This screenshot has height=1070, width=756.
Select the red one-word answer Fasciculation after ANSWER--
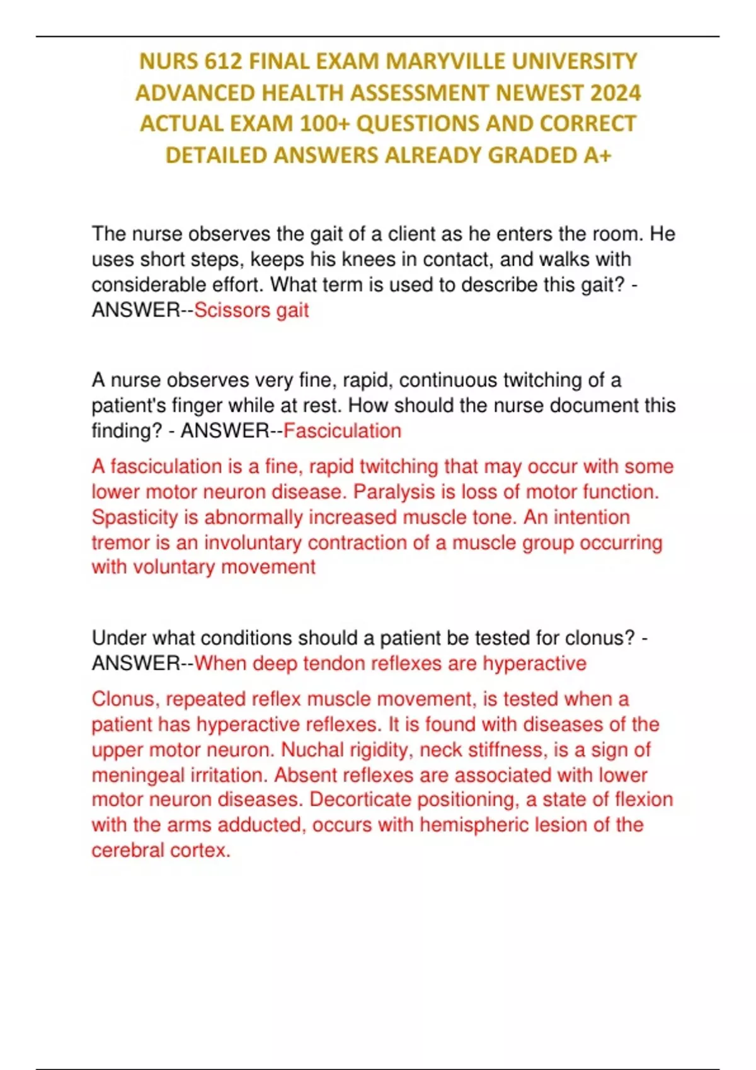[x=342, y=431]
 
